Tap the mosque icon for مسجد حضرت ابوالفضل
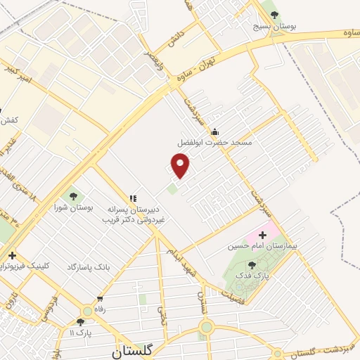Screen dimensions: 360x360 coord(214,131)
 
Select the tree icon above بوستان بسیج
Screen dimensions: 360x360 coord(274,14)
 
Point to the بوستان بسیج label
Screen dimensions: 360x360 coord(276,26)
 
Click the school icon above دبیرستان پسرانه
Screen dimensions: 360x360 coord(133,199)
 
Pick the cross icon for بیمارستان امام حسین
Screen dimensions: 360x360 coord(264,235)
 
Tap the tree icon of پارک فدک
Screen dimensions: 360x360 coord(252,265)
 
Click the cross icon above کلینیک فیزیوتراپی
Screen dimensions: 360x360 coord(11,255)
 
